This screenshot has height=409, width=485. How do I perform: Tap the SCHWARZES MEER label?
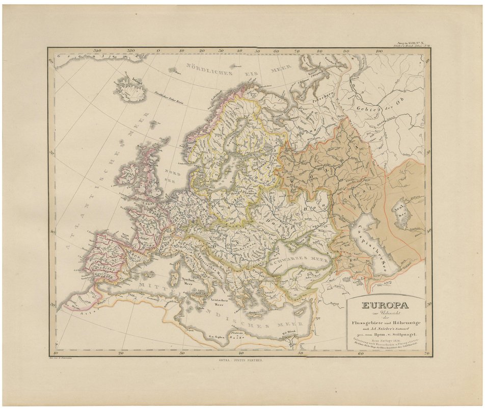pos(299,259)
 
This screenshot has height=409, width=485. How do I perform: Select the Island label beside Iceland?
pos(136,80)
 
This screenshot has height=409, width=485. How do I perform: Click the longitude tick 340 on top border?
pos(97,51)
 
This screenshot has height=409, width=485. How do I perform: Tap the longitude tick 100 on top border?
pos(379,51)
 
